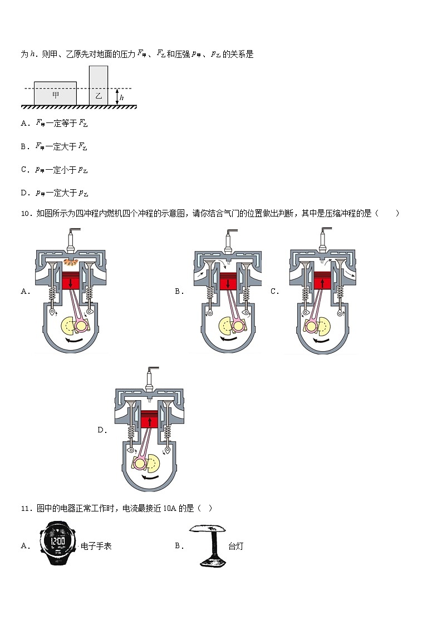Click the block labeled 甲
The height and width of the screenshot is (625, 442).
pos(55,93)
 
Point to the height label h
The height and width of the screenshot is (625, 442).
pos(122,97)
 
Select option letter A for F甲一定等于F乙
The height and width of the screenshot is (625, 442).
pos(24,124)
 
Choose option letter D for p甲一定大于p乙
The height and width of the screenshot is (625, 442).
pos(24,193)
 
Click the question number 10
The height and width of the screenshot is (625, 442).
pos(25,213)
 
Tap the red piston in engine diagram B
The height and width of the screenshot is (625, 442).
pos(228,283)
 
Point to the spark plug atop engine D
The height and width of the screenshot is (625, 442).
pos(149,381)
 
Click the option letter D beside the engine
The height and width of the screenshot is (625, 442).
pos(101,430)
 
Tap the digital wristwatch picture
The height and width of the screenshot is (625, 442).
pos(58,543)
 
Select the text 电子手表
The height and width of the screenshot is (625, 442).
pos(96,546)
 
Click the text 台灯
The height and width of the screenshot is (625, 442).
pos(235,546)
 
